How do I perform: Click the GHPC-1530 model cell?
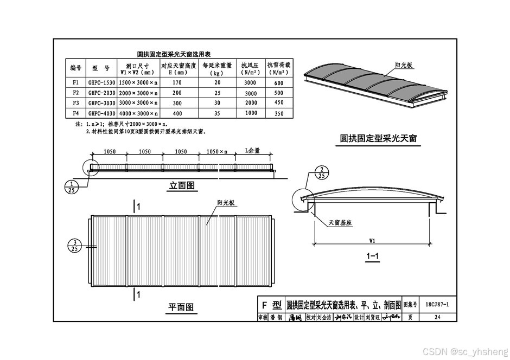coord(101,83)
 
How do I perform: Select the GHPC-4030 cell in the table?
coord(101,113)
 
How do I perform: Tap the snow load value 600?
coord(279,83)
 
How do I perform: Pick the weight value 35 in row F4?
coord(217,113)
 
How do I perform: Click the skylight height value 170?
coord(177,83)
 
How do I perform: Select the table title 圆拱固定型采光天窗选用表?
coord(174,54)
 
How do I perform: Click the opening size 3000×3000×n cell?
coord(138,103)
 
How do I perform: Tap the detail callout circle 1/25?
coord(71,187)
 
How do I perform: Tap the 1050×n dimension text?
coord(217,152)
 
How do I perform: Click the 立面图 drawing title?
coord(182,187)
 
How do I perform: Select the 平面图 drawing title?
coord(180,307)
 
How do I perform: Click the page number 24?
coord(437,317)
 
